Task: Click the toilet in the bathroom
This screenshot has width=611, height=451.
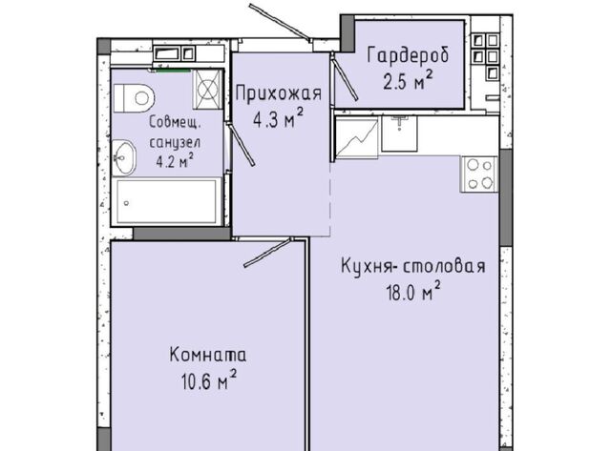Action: (134, 97)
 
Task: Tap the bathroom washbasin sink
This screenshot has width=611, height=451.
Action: (124, 157)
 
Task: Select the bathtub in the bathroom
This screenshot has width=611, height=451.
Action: (167, 201)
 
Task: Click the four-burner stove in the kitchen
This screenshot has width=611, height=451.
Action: (479, 174)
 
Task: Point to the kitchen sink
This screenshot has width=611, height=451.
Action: (399, 133)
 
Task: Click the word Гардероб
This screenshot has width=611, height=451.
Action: (408, 56)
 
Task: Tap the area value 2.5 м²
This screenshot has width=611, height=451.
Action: (408, 80)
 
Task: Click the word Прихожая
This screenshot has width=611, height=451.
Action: (279, 94)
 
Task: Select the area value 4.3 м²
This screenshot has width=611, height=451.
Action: (278, 118)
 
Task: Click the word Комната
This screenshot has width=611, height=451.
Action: (208, 356)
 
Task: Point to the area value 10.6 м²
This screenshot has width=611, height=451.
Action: (209, 380)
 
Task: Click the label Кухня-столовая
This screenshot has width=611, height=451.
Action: (413, 267)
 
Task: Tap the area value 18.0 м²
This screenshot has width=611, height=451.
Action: (413, 292)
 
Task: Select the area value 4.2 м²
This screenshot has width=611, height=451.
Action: (175, 161)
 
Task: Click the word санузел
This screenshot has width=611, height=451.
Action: (176, 142)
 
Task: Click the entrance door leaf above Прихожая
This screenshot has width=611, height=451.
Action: (280, 22)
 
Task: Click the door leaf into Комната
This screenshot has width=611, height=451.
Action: (267, 253)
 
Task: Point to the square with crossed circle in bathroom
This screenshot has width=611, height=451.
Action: (207, 89)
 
